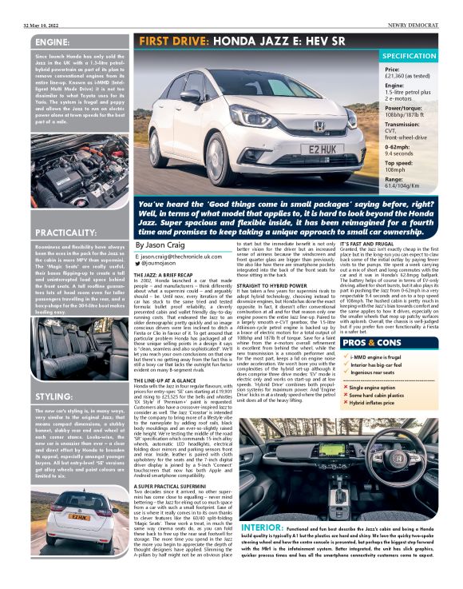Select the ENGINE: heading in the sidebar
pos(53,42)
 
